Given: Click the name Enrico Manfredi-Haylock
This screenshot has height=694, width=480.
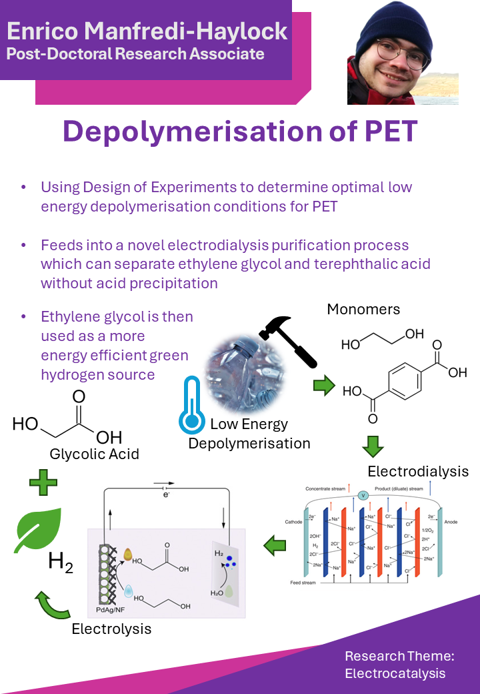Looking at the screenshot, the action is [x=147, y=31].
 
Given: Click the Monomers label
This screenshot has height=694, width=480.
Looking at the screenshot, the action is [x=363, y=310].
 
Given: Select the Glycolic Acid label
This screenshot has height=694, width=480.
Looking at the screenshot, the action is [x=94, y=454].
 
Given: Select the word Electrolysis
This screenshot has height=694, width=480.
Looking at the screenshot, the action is [x=111, y=629].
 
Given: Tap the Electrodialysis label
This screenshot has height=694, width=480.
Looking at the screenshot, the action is [x=418, y=471].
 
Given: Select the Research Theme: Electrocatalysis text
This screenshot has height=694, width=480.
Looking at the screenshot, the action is [x=399, y=665].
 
